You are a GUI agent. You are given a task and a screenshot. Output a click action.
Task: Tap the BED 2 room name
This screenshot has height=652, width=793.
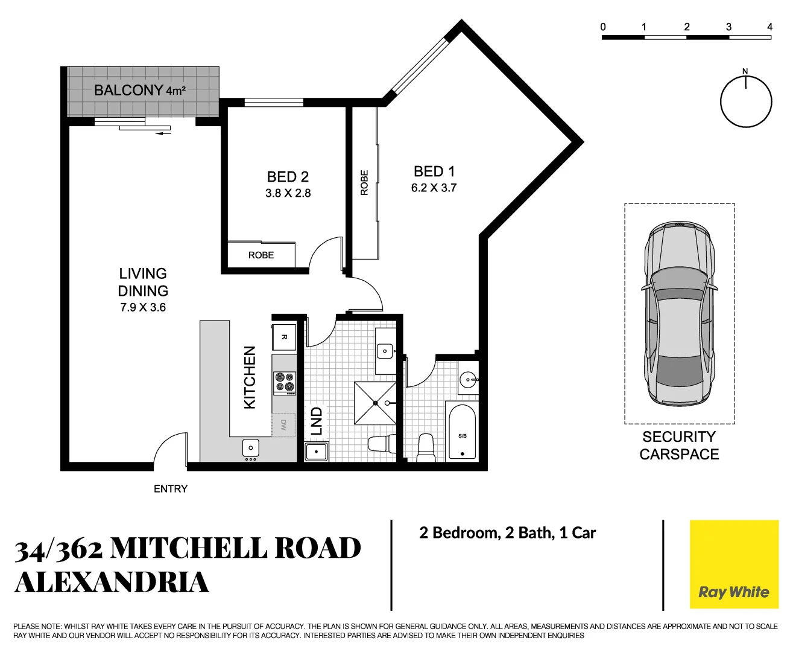tap(288, 177)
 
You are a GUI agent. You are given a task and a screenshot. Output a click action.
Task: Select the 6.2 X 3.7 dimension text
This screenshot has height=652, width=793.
tap(434, 188)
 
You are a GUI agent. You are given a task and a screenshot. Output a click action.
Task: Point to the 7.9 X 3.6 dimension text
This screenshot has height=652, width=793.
tap(143, 307)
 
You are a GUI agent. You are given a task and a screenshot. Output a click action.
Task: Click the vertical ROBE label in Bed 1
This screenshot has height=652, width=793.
tap(364, 182)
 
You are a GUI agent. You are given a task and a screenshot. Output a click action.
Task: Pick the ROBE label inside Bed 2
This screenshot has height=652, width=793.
tap(261, 255)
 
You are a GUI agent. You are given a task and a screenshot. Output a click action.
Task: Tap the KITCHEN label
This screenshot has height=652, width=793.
tap(250, 377)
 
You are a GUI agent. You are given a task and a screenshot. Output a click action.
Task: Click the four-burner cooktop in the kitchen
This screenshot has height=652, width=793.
tap(285, 383)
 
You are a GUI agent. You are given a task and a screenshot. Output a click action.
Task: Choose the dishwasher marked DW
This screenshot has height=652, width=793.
tap(283, 425)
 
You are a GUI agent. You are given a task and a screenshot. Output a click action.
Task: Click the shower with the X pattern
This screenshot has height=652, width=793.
tap(375, 403)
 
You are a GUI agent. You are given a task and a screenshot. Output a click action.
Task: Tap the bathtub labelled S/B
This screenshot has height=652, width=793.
tap(462, 432)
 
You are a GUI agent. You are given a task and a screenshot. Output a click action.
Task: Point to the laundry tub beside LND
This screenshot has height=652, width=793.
tap(316, 452)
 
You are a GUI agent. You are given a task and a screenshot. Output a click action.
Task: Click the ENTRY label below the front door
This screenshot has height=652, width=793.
tap(171, 489)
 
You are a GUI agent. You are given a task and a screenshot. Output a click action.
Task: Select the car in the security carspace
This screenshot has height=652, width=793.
tap(679, 314)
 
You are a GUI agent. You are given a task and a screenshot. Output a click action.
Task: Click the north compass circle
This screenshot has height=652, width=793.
tap(746, 101)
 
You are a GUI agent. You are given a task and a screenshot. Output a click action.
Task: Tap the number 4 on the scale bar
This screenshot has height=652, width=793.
tap(769, 27)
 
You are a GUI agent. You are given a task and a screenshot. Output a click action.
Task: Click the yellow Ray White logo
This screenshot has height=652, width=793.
tap(734, 564)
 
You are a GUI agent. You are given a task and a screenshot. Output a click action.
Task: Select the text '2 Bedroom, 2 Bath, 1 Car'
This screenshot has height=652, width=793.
tap(507, 533)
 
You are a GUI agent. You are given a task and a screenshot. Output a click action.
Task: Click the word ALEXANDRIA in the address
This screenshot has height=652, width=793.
tap(112, 583)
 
